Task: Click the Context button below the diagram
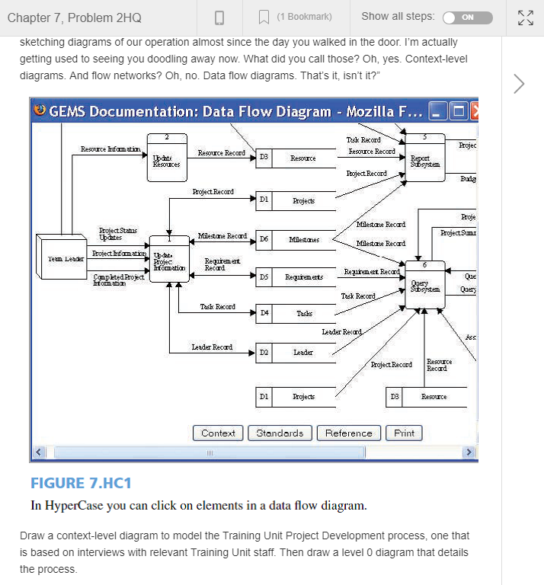pyautogui.click(x=218, y=433)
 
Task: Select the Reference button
pyautogui.click(x=348, y=433)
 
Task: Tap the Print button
pyautogui.click(x=404, y=433)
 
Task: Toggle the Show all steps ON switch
pyautogui.click(x=467, y=17)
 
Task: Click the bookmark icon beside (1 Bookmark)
pyautogui.click(x=264, y=17)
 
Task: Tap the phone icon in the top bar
pyautogui.click(x=219, y=17)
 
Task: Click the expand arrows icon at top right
pyautogui.click(x=525, y=17)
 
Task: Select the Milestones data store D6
pyautogui.click(x=297, y=239)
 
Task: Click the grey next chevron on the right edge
pyautogui.click(x=520, y=83)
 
